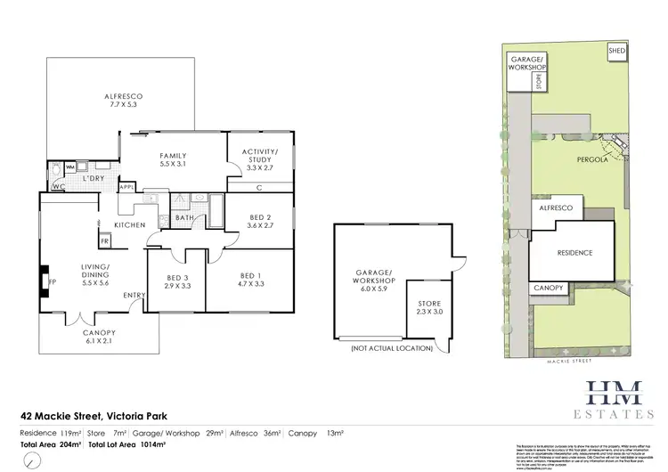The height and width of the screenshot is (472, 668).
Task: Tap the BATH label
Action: click(x=184, y=217)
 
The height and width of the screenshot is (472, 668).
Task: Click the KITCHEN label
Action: click(x=129, y=226)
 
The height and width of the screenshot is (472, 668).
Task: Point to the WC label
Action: click(x=58, y=187)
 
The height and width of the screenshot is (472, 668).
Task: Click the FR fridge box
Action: click(x=104, y=240)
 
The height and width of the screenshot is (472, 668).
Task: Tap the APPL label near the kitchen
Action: click(x=126, y=187)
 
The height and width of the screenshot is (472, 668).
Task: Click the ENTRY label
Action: click(x=135, y=297)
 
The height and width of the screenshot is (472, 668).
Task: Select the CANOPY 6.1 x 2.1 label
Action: click(x=100, y=337)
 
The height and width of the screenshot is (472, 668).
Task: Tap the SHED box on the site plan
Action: click(x=616, y=52)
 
